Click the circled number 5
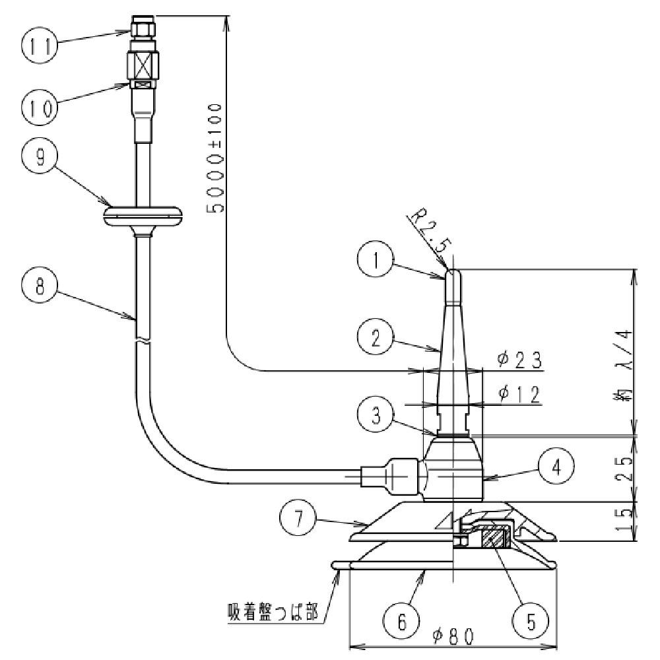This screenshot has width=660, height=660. click(x=532, y=620)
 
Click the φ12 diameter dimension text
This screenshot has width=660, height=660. click(x=520, y=394)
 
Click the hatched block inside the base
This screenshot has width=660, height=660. click(x=493, y=537)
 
